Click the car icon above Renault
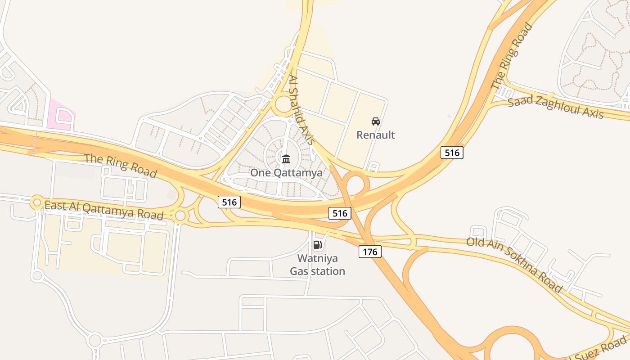(x=375, y=121)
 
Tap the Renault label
(x=375, y=135)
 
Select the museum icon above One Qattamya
(x=286, y=159)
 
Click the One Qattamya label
(x=286, y=173)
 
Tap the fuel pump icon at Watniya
(x=317, y=245)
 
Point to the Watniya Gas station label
(x=317, y=265)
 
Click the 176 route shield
(x=370, y=251)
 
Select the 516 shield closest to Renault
(x=452, y=153)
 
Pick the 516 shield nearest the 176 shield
(x=339, y=213)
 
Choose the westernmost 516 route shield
(x=229, y=202)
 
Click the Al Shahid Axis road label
(x=301, y=110)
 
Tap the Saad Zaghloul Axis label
(x=555, y=107)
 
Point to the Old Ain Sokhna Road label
(x=514, y=265)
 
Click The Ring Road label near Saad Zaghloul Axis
(x=511, y=57)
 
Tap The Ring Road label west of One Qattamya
(x=121, y=165)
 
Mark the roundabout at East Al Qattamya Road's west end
(x=37, y=202)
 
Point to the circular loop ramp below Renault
(x=356, y=184)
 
